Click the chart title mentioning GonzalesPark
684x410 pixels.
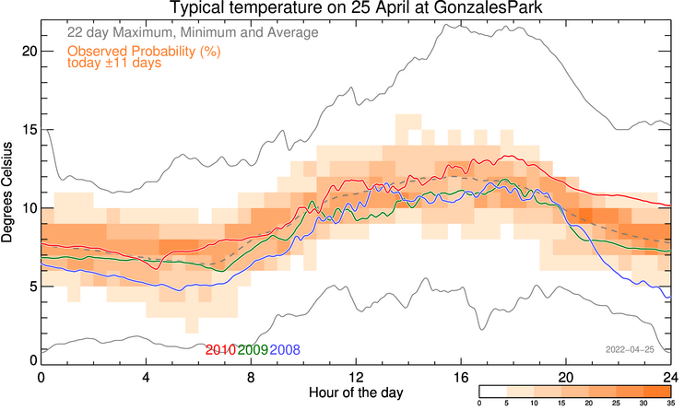click(356, 8)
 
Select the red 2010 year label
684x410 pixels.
click(220, 350)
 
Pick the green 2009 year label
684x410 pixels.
click(253, 350)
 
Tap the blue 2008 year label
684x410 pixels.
click(285, 350)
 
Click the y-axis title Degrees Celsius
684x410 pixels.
click(7, 193)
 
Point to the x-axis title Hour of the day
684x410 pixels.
click(356, 392)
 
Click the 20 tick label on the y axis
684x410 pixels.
click(29, 52)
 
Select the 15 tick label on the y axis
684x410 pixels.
click(29, 130)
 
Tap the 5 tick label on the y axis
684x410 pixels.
click(32, 287)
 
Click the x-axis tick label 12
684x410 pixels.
click(356, 377)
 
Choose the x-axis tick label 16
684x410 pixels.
click(461, 377)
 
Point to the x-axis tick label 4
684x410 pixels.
click(147, 377)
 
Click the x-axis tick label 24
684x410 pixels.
click(671, 377)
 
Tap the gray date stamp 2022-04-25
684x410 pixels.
click(630, 350)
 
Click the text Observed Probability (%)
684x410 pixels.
click(144, 52)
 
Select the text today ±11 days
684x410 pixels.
click(114, 63)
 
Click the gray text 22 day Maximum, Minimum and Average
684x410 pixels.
click(193, 32)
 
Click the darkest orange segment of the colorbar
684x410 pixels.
click(657, 392)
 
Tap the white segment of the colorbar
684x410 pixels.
click(493, 392)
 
